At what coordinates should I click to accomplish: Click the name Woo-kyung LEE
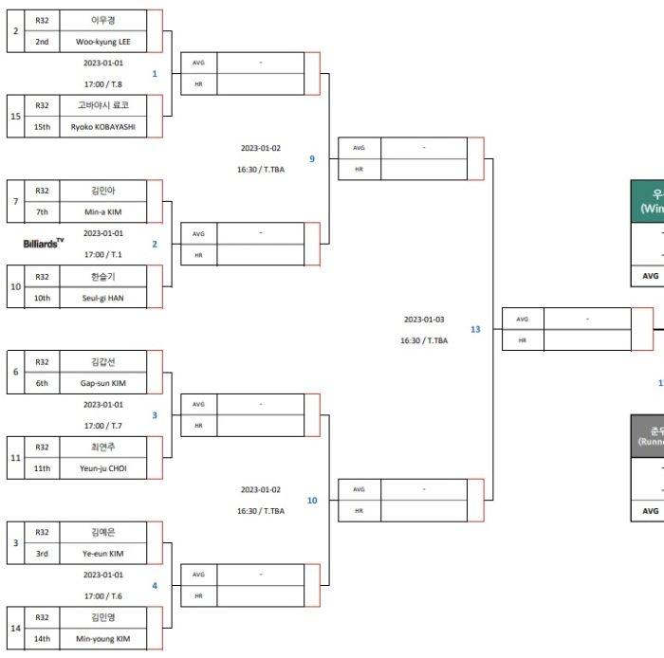pos(103,42)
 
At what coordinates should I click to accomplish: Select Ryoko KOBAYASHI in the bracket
pos(103,126)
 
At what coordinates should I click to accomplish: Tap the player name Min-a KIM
pos(103,211)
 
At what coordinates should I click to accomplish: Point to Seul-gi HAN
pos(103,297)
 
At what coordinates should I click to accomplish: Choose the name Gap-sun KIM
pos(103,382)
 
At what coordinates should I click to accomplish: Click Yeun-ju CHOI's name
pos(103,467)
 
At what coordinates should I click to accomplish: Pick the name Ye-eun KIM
pos(103,553)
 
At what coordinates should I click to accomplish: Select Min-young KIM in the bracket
pos(103,638)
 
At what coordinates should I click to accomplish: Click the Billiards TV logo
pos(44,244)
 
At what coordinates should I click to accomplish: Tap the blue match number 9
pos(311,158)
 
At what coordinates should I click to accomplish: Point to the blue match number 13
pos(475,329)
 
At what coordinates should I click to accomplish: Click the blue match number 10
pos(312,500)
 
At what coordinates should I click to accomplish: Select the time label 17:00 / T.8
pos(102,83)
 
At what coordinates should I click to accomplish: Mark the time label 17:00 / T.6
pos(102,595)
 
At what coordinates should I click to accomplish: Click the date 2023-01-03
pos(424,320)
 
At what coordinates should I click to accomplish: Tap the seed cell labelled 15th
pos(42,126)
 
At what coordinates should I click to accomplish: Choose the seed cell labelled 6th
pos(42,382)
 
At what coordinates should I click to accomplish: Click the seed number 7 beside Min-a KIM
pos(15,201)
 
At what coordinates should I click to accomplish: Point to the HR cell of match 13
pos(523,340)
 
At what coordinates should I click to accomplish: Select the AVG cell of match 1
pos(198,63)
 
